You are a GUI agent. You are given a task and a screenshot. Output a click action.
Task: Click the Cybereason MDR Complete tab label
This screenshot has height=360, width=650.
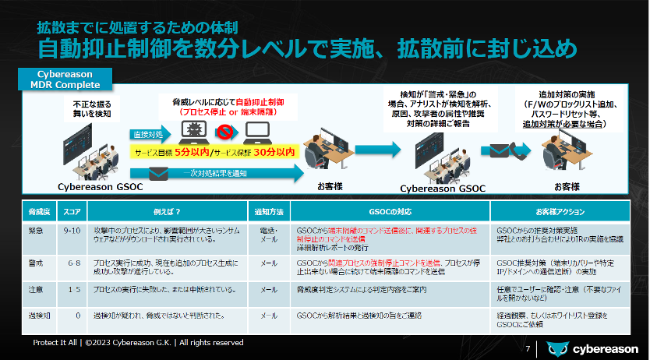65,78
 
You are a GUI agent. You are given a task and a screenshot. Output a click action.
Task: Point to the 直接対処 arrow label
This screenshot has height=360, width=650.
148,134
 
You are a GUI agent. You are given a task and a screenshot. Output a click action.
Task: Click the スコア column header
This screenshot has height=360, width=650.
72,211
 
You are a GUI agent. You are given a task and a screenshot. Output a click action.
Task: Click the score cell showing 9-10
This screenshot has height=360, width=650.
72,231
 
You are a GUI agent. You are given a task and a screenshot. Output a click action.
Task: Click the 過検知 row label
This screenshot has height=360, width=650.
40,316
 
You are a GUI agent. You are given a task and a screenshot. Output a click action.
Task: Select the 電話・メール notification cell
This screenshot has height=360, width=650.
268,236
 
